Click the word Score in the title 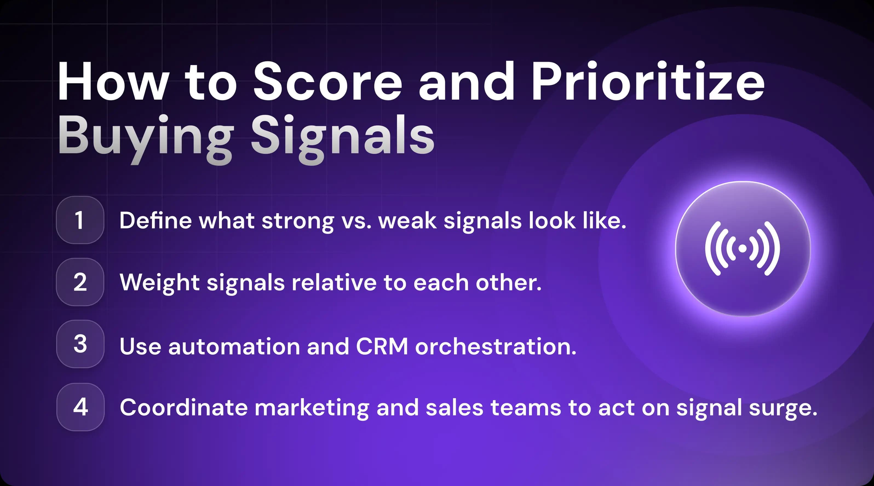tap(327, 82)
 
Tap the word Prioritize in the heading tap(647, 82)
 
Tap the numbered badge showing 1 tap(80, 220)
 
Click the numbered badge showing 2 tap(80, 282)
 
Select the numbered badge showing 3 tap(80, 344)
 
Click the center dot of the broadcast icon tap(742, 248)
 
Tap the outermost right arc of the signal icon tap(775, 248)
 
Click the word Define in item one tap(156, 221)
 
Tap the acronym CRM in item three tap(382, 347)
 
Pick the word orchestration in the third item tap(495, 347)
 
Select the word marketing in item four tap(312, 408)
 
